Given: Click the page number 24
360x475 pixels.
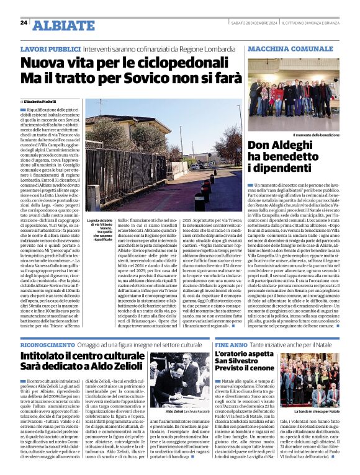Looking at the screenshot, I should click(x=24, y=22).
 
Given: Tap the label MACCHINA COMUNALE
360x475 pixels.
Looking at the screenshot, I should click(x=286, y=48).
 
